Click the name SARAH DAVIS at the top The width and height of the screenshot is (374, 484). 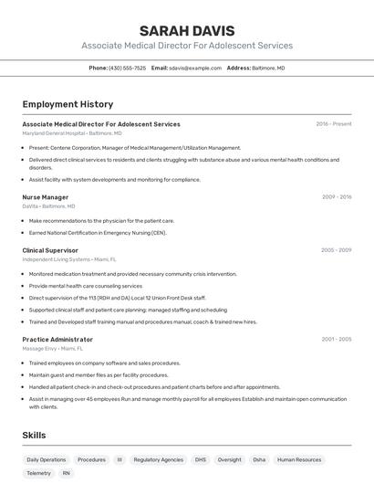(x=187, y=30)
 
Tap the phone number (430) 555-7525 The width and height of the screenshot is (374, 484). (x=127, y=68)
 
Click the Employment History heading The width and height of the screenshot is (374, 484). (x=68, y=104)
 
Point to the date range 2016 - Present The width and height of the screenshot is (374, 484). (x=333, y=124)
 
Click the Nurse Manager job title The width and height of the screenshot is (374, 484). (x=46, y=197)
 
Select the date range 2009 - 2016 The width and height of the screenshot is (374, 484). (x=336, y=197)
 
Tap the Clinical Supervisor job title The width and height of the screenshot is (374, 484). (x=50, y=250)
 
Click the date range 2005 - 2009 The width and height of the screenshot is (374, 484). (x=336, y=250)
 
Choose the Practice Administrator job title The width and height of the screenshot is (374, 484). (x=57, y=340)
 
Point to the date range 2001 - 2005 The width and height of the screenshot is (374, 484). (x=336, y=340)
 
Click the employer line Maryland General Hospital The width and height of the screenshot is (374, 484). (x=72, y=133)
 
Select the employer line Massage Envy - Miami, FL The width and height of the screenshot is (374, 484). (x=53, y=349)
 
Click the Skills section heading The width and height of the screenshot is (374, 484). (x=34, y=436)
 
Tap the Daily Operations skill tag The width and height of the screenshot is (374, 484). (x=47, y=460)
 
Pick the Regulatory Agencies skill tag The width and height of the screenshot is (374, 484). (x=159, y=460)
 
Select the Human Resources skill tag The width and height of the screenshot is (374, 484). (x=299, y=460)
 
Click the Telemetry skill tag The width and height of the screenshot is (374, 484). (x=39, y=474)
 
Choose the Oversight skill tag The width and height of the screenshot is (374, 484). (x=230, y=460)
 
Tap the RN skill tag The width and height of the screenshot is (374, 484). (x=66, y=474)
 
